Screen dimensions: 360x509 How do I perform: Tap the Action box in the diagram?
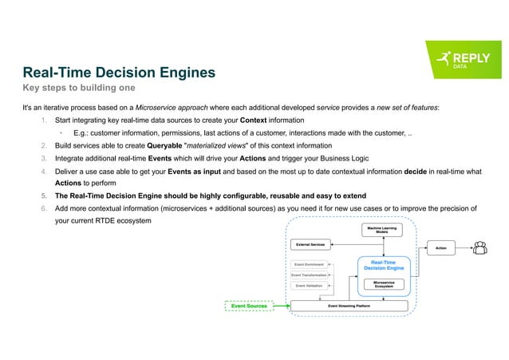440,248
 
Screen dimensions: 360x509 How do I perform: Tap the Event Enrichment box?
308,263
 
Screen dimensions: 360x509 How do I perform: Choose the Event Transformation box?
308,275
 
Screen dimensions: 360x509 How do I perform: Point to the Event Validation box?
308,286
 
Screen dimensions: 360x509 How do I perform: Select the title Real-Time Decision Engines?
119,73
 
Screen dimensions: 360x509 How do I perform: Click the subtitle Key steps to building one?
78,87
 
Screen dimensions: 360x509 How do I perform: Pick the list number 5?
43,195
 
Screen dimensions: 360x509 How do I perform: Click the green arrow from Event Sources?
280,306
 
